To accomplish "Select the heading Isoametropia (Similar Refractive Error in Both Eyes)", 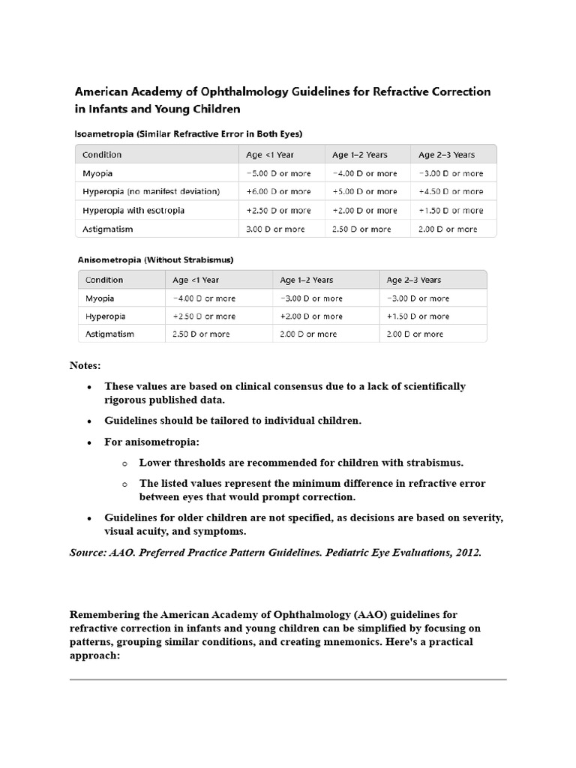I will tap(188, 133).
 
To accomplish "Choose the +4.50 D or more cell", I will tap(451, 192).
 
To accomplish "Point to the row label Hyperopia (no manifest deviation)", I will tap(151, 192).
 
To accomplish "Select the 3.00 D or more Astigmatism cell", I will tap(275, 229).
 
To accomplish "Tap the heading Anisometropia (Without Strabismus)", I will tap(155, 259).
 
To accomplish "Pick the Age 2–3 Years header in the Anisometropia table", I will tap(414, 280).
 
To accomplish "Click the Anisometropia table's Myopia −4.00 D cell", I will tap(203, 298).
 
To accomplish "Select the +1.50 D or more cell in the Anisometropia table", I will tap(418, 316).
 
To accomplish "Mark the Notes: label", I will tap(85, 365).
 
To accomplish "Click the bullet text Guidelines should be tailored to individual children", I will tap(232, 421).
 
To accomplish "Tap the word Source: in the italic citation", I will tap(89, 553).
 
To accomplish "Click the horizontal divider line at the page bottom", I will tap(288, 679).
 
